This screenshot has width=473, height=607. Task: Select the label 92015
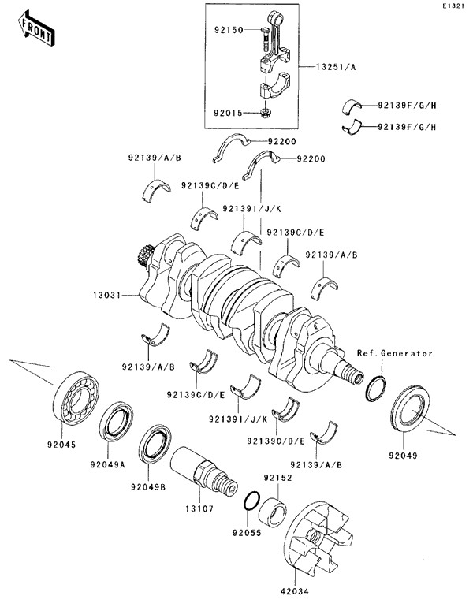coord(230,113)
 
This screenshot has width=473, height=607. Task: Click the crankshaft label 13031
coord(109,296)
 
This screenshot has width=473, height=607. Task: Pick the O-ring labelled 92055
coord(251,501)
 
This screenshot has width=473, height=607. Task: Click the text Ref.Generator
coord(394,354)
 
